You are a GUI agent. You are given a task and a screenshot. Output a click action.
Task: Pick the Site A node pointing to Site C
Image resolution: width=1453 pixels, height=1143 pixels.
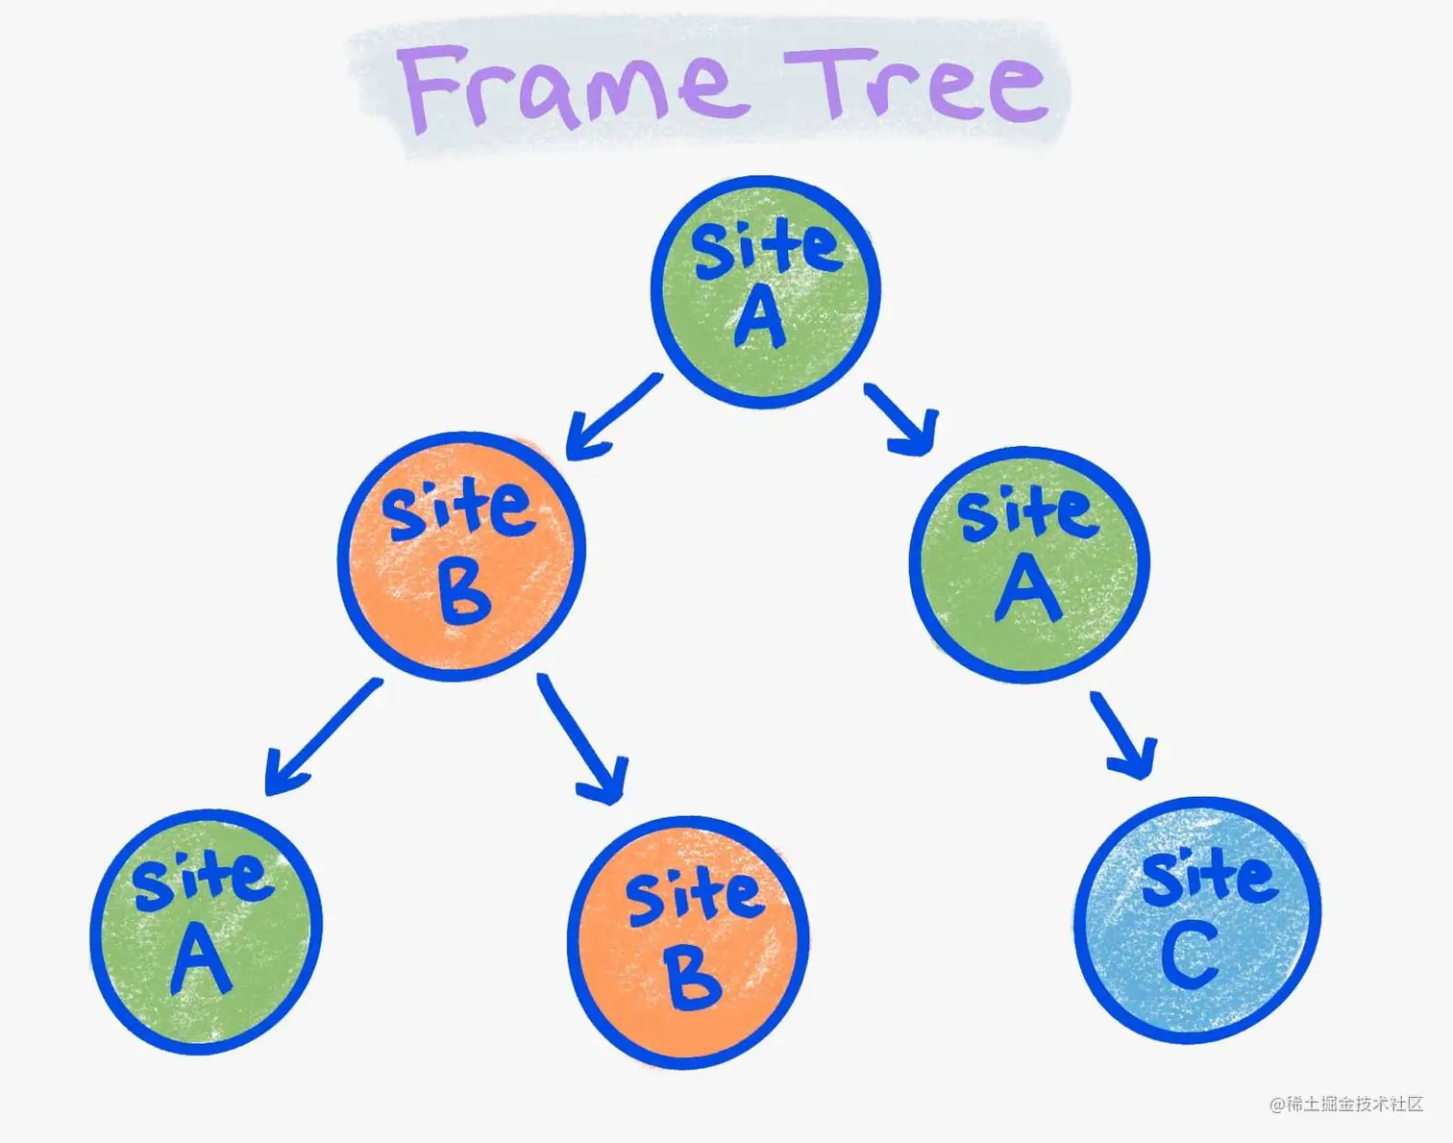pos(1029,565)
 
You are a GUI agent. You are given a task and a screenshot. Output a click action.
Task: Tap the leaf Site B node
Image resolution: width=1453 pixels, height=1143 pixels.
pos(688,942)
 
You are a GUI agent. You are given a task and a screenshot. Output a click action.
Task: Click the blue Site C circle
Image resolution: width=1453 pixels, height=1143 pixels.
pos(1197,919)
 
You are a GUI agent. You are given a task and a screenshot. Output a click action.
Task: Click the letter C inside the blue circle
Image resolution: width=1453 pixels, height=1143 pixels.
pos(1190,957)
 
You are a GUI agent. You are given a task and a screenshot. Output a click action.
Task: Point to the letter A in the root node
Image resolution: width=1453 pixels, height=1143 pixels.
pos(760,317)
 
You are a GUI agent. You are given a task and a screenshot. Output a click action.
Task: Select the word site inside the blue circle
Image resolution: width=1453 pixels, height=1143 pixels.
pos(1209,877)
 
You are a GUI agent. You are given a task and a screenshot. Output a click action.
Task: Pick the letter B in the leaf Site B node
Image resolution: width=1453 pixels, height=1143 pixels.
pos(692,979)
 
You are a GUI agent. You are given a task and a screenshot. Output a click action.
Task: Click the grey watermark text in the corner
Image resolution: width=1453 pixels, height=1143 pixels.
pos(1346,1105)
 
